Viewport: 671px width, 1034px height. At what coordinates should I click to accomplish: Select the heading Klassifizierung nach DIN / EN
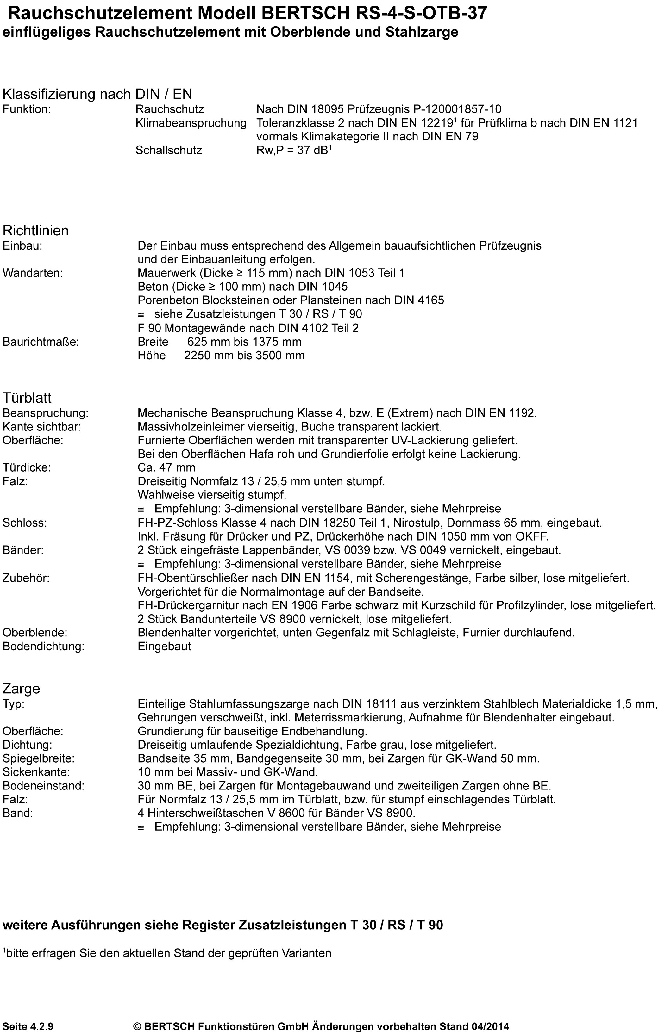coord(97,94)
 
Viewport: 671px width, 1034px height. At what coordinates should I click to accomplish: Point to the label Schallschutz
coord(169,150)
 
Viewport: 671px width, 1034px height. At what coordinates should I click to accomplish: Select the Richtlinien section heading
coord(36,230)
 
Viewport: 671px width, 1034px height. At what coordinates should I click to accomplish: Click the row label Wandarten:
coord(33,273)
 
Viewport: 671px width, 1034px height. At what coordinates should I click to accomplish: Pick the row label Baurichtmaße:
coord(41,342)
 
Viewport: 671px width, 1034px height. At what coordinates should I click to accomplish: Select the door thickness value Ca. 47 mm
coord(166,467)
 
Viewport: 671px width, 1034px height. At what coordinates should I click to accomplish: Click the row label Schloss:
coord(25,523)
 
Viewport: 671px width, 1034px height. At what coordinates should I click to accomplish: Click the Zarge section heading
coord(21,689)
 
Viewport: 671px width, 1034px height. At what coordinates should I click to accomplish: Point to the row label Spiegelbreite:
coord(38,758)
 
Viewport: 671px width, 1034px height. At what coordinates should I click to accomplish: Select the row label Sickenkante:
coord(36,772)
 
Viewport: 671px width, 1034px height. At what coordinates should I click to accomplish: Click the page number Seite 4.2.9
coord(28,1026)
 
